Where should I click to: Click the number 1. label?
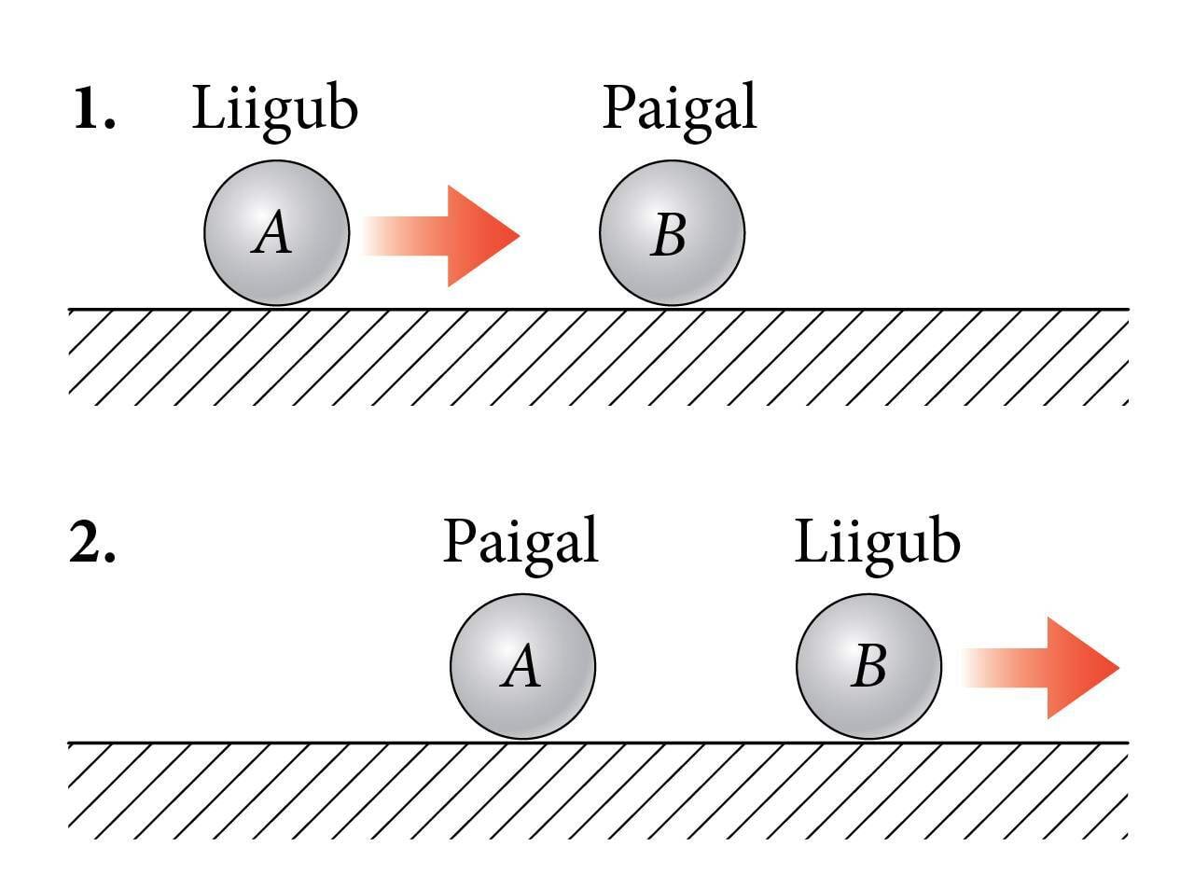(95, 111)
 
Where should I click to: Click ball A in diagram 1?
(277, 233)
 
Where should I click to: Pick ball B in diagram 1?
(672, 233)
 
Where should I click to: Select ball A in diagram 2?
(522, 666)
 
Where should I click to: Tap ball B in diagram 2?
(868, 666)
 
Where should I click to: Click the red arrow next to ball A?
(438, 235)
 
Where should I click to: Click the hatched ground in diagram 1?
(597, 358)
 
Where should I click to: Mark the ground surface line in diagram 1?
(840, 309)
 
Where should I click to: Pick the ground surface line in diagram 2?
(280, 743)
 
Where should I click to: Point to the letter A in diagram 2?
(520, 668)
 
